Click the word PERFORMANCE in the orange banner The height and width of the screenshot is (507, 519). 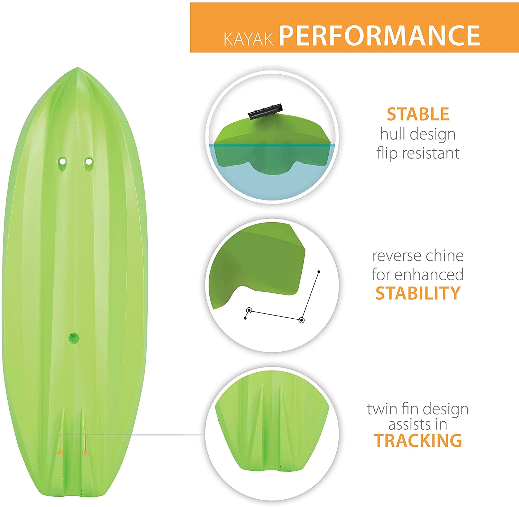pyautogui.click(x=380, y=35)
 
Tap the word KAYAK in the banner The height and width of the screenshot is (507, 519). pyautogui.click(x=248, y=39)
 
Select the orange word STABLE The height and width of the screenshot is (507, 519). pyautogui.click(x=418, y=114)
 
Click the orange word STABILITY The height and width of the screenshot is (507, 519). pyautogui.click(x=418, y=293)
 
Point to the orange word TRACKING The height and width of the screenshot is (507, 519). pyautogui.click(x=418, y=441)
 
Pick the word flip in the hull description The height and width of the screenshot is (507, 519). pyautogui.click(x=387, y=153)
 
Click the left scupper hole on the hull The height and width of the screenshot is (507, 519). pyautogui.click(x=62, y=161)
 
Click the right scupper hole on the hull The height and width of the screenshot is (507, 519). pyautogui.click(x=89, y=161)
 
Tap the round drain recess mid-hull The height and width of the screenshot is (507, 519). pyautogui.click(x=73, y=338)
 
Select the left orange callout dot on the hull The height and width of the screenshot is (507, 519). pyautogui.click(x=60, y=452)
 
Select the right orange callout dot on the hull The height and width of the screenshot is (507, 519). pyautogui.click(x=85, y=452)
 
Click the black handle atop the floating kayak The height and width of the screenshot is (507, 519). pyautogui.click(x=265, y=111)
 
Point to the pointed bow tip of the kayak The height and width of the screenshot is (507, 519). pyautogui.click(x=78, y=68)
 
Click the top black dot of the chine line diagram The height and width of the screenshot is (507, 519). pyautogui.click(x=319, y=272)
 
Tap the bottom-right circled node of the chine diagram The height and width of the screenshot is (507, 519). pyautogui.click(x=301, y=320)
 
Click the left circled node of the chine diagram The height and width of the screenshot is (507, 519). pyautogui.click(x=249, y=310)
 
